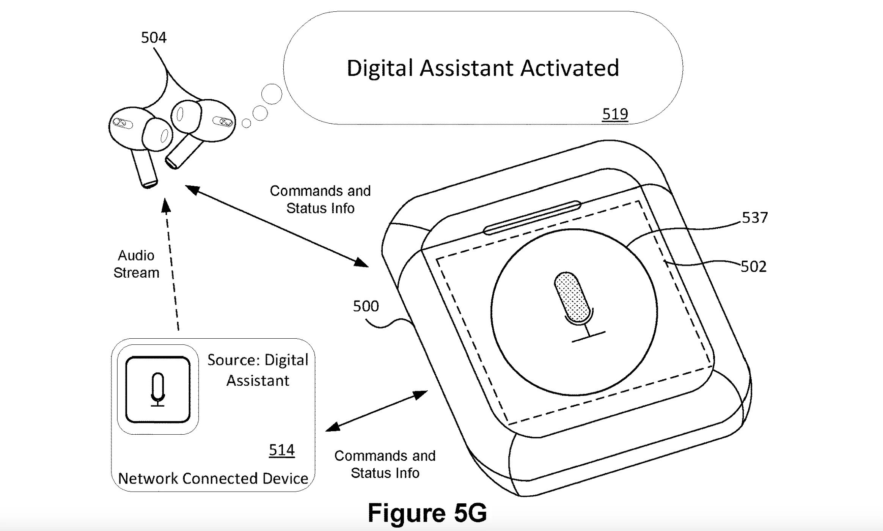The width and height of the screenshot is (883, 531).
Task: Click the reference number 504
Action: [154, 38]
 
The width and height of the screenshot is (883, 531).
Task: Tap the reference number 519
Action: [615, 114]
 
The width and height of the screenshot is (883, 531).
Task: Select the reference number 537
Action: [754, 218]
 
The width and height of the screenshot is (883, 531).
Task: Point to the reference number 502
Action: [753, 267]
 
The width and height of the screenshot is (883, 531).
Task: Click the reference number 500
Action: [366, 306]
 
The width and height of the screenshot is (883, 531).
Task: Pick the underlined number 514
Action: [281, 450]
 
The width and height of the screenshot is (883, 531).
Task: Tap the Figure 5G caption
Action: [427, 513]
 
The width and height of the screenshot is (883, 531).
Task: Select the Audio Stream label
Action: [136, 264]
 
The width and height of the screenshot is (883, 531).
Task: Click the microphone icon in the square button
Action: [158, 389]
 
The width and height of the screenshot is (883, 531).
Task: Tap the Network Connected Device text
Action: [213, 479]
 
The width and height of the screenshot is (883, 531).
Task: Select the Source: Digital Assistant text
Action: [258, 370]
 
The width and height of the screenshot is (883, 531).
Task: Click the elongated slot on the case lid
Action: [532, 218]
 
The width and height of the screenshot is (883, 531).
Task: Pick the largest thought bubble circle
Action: [272, 94]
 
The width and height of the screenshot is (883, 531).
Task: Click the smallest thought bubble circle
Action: [247, 123]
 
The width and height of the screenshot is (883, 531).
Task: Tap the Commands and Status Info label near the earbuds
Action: [320, 200]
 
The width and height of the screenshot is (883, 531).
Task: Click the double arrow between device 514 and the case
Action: [377, 411]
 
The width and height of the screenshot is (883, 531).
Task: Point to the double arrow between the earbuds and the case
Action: [277, 226]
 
